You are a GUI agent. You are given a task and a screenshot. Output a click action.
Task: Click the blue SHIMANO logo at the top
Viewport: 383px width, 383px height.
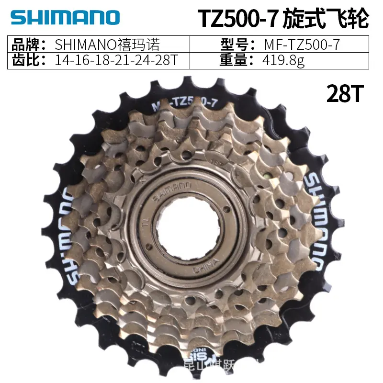(64, 17)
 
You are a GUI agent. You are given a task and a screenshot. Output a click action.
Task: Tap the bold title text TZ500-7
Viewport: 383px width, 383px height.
(236, 19)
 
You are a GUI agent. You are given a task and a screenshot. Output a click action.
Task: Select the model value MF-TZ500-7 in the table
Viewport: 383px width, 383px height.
(302, 45)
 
